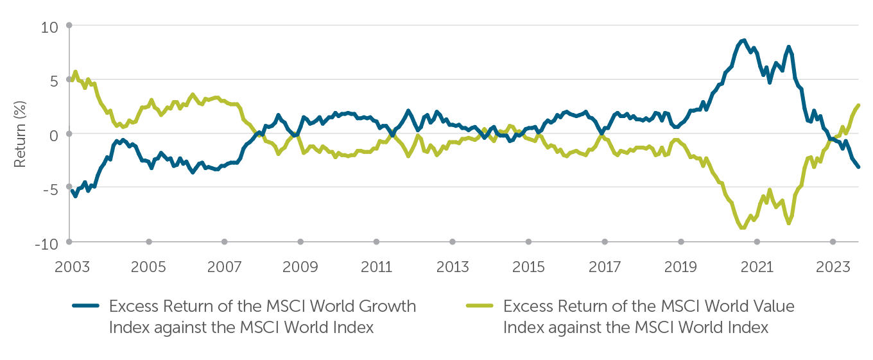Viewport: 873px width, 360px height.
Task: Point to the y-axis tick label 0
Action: click(54, 135)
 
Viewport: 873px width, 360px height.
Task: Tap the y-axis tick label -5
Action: click(50, 190)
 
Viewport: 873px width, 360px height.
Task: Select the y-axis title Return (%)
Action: click(20, 135)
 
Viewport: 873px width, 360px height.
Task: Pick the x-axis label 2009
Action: click(300, 266)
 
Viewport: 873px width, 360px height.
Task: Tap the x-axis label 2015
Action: click(528, 266)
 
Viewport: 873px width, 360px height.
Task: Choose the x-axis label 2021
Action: click(757, 266)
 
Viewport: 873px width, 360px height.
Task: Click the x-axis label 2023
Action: click(833, 266)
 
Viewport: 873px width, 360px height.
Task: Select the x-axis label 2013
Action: click(453, 266)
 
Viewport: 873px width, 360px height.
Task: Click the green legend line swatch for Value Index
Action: click(478, 307)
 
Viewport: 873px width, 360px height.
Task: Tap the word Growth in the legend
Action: click(391, 307)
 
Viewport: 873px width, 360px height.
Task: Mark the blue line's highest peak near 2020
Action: click(743, 41)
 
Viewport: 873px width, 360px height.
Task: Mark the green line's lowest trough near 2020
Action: click(743, 227)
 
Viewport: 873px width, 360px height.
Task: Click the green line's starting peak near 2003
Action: click(76, 72)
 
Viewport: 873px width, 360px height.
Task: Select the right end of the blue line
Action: click(859, 167)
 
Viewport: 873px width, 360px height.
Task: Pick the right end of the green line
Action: click(859, 105)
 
